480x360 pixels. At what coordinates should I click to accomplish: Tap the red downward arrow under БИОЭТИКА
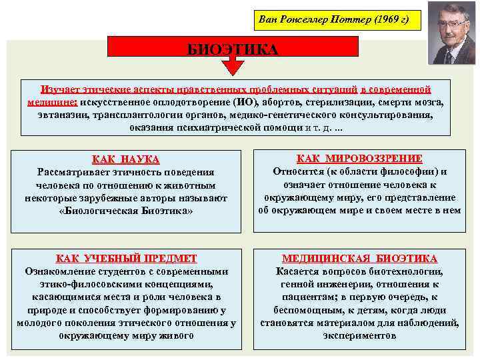[x=233, y=67]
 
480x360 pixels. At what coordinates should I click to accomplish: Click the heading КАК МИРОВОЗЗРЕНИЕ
[x=360, y=159]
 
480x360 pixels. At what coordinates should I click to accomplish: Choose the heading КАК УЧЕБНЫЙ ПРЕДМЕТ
[x=126, y=259]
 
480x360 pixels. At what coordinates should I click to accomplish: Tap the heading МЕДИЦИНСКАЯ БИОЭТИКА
[x=360, y=259]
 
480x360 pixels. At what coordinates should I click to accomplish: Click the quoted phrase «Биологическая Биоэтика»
[x=126, y=211]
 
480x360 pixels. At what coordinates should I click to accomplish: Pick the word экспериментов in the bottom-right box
[x=360, y=335]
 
